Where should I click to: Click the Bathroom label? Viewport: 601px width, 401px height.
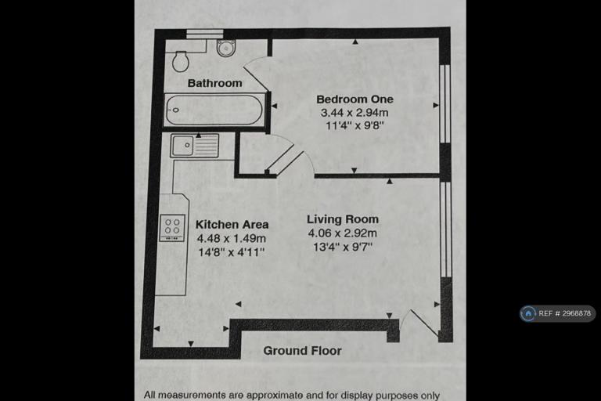tap(214, 83)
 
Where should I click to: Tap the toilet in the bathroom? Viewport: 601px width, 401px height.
tap(181, 61)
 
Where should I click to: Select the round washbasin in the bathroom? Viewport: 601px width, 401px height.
tap(225, 48)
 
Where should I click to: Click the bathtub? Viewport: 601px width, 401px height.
tap(214, 110)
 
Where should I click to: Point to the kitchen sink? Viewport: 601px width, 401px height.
tap(195, 146)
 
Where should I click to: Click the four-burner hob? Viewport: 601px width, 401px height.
tap(172, 228)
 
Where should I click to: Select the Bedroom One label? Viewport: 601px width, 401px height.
tap(355, 99)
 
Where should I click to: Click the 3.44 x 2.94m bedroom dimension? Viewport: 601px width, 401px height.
tap(354, 113)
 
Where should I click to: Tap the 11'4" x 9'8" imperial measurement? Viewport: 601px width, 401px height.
tap(354, 125)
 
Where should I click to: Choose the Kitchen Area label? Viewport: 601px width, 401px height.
tap(232, 224)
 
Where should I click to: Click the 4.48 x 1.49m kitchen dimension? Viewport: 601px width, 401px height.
tap(232, 238)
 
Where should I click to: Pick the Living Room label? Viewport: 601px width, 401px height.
tap(343, 219)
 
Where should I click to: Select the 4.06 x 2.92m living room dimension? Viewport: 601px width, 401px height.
tap(343, 233)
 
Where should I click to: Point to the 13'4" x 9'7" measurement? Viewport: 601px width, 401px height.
tap(343, 247)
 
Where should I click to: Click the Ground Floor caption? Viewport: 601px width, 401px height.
tap(302, 350)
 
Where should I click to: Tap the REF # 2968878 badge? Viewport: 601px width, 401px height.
tap(558, 313)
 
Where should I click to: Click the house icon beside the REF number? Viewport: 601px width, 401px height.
tap(528, 313)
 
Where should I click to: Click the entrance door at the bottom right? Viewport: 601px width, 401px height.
tap(419, 323)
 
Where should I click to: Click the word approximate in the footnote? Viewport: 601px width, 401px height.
tap(269, 395)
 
